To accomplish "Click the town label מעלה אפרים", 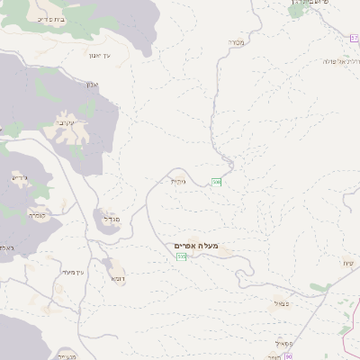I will click(x=199, y=245).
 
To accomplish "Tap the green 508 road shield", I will click(x=216, y=182).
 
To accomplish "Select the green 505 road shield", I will click(x=182, y=257).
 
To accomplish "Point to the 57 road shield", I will click(x=355, y=38).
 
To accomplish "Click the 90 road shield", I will click(x=287, y=356).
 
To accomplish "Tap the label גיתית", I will click(x=178, y=181).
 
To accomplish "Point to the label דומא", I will click(x=117, y=279).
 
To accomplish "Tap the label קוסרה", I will click(x=37, y=214).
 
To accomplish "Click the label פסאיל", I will click(x=285, y=342).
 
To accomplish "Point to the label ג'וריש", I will click(x=20, y=177).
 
